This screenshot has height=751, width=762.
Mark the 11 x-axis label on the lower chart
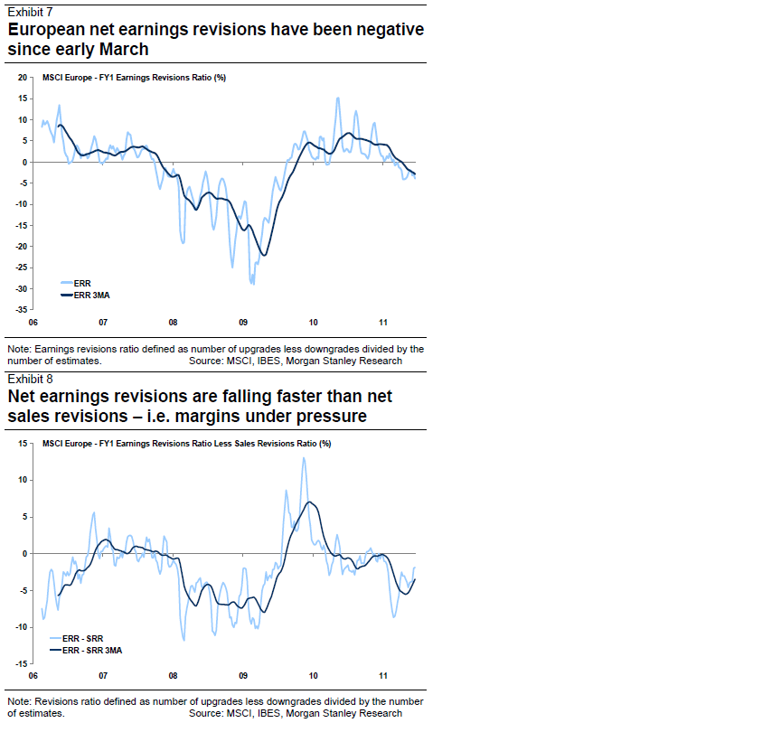coord(383,676)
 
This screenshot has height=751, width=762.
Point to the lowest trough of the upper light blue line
coord(252,283)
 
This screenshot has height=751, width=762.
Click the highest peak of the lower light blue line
coord(303,458)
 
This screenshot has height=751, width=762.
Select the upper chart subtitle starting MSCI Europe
coord(134,78)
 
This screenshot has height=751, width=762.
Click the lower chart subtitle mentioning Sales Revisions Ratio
coord(186,444)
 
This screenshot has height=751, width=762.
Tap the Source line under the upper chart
coord(296,360)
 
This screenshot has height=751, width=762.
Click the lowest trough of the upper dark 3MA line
coord(263,255)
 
